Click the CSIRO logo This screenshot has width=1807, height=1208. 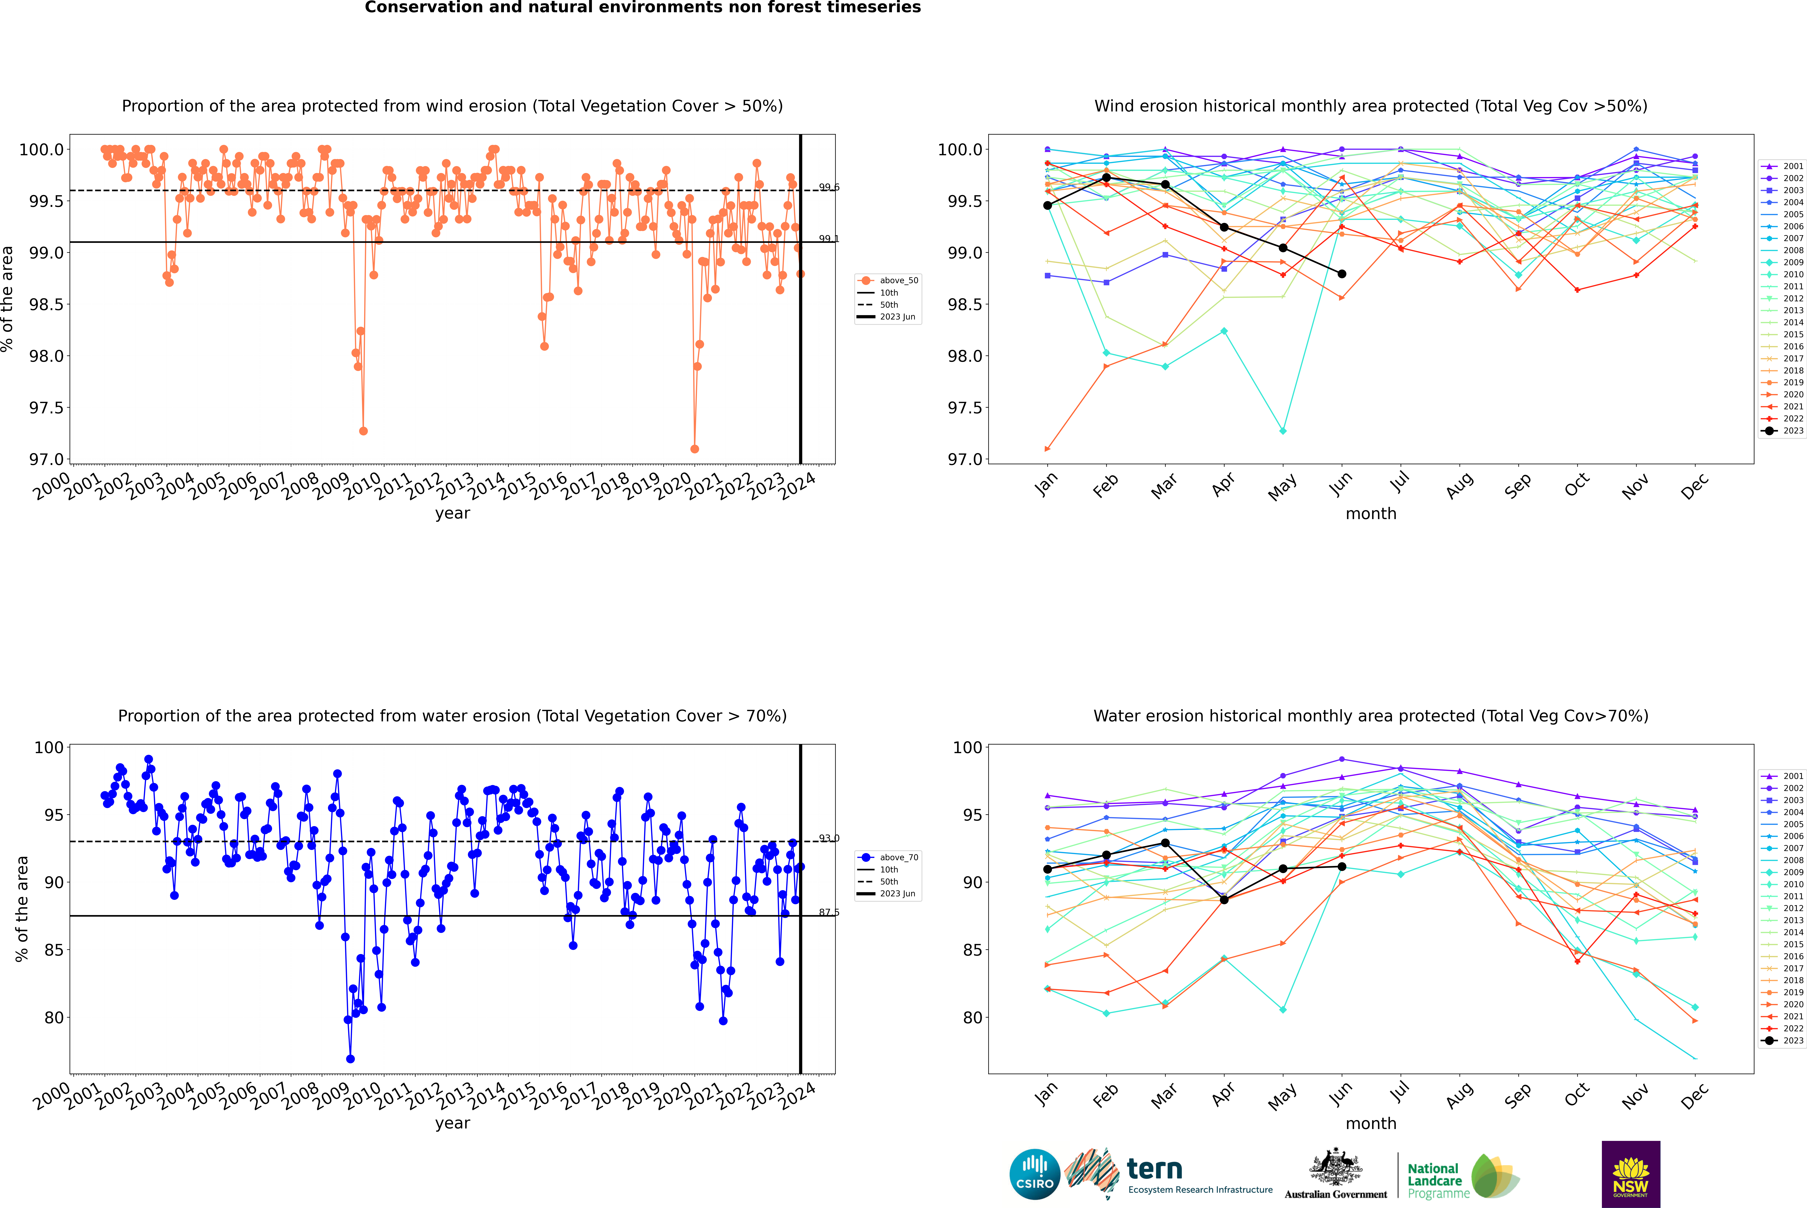pos(1035,1174)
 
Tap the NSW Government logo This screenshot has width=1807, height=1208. pos(1631,1174)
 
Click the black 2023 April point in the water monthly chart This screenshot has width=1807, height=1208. pos(1224,900)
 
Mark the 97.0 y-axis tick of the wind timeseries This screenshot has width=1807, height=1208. pos(46,459)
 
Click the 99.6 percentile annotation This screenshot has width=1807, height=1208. pos(829,187)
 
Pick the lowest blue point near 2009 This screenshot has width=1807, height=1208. pos(350,1058)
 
